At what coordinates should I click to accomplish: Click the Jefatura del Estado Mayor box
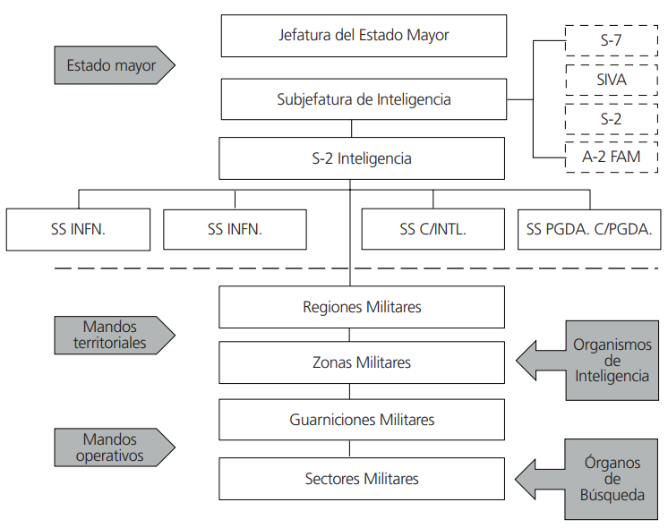[363, 36]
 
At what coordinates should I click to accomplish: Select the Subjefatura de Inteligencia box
[363, 99]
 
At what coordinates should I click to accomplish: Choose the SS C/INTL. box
[432, 229]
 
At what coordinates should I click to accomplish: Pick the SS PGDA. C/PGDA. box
[589, 229]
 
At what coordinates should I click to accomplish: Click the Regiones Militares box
[361, 307]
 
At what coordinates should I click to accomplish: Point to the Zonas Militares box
[361, 362]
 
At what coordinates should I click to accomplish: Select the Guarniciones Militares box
[361, 419]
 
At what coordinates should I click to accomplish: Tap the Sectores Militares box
[361, 479]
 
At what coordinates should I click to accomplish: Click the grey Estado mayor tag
[112, 65]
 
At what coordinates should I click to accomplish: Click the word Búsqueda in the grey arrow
[612, 495]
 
